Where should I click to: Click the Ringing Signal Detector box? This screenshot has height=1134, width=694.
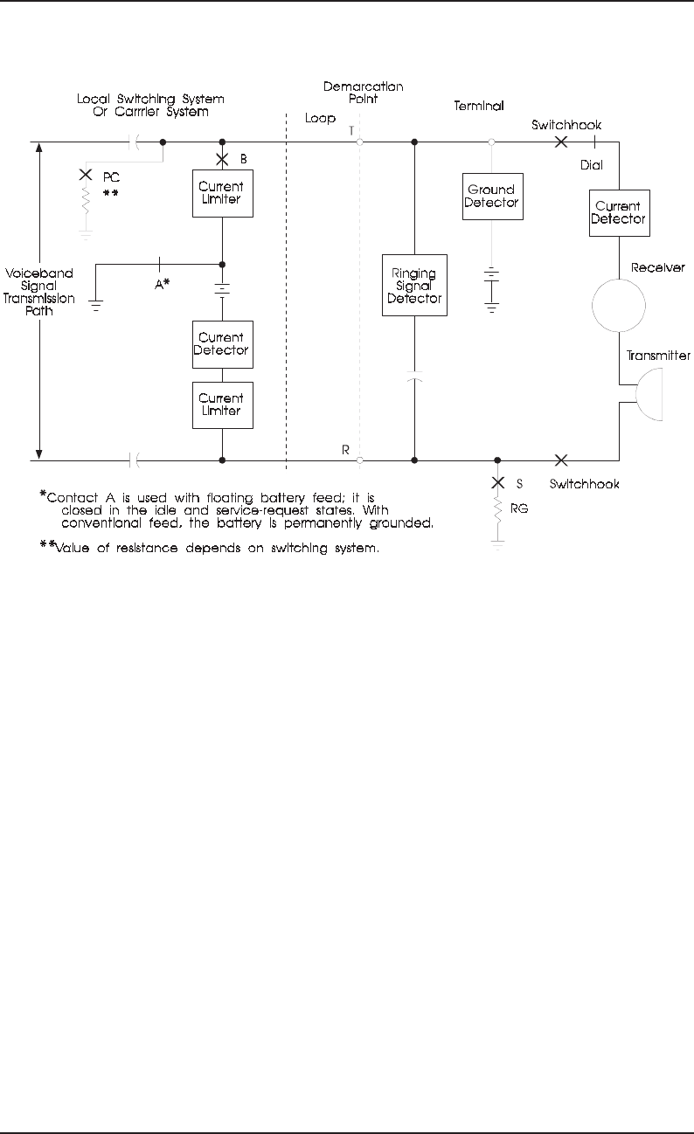pyautogui.click(x=415, y=285)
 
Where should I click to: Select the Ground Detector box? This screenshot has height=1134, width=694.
pyautogui.click(x=491, y=197)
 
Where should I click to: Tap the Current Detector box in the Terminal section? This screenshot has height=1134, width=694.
pyautogui.click(x=618, y=212)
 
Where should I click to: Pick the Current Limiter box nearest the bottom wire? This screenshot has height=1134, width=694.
pyautogui.click(x=222, y=405)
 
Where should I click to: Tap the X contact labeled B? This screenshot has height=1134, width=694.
pyautogui.click(x=222, y=158)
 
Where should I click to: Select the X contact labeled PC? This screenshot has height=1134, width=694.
pyautogui.click(x=86, y=174)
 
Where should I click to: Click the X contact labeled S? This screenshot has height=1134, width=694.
pyautogui.click(x=497, y=482)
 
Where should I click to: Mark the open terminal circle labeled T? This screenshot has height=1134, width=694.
pyautogui.click(x=359, y=142)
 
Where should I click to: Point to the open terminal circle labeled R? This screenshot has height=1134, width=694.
pyautogui.click(x=359, y=459)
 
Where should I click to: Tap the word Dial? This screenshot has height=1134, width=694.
pyautogui.click(x=592, y=163)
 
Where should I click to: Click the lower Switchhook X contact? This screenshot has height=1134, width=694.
pyautogui.click(x=560, y=459)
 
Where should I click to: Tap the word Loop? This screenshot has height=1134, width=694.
pyautogui.click(x=320, y=117)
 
